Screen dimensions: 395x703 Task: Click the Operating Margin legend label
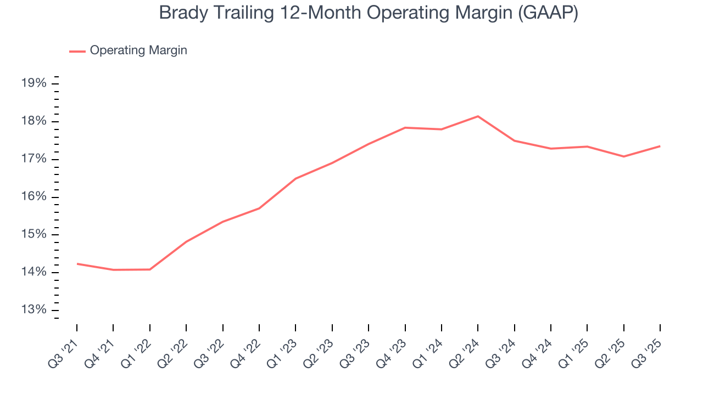pos(138,50)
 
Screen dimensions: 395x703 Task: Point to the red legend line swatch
pos(77,51)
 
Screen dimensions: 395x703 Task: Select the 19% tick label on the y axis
pos(34,83)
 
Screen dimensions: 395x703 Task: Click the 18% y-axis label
pos(34,121)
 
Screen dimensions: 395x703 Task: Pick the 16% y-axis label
pos(34,197)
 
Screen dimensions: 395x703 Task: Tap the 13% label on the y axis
pos(34,310)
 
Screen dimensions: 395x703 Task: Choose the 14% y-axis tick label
pos(34,273)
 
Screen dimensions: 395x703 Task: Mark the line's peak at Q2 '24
pos(478,116)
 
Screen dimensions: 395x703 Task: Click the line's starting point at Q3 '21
pos(77,264)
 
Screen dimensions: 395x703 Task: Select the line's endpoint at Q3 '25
pos(660,146)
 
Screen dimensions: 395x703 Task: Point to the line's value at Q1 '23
pos(295,178)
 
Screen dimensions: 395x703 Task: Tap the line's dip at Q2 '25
pos(623,156)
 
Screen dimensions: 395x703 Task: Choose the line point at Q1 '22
pos(150,269)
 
